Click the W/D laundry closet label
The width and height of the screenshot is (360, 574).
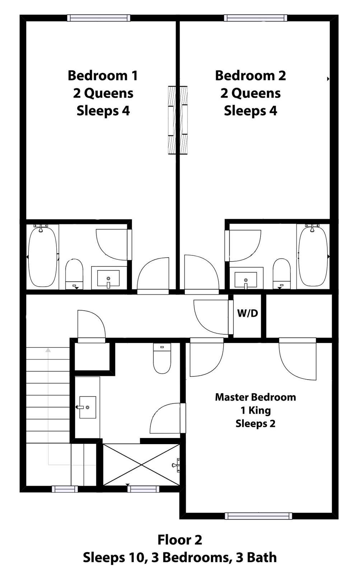[247, 313]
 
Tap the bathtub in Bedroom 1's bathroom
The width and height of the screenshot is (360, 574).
[42, 256]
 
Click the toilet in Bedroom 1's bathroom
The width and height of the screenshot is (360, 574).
[74, 274]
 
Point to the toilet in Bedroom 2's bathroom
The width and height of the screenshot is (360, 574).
[281, 273]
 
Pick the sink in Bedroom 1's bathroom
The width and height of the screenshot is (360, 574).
[108, 278]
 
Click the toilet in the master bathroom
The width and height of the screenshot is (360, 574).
[162, 358]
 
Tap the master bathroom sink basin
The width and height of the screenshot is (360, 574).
[88, 408]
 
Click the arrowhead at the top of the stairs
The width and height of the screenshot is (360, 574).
[48, 350]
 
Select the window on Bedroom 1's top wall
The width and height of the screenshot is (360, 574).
[99, 18]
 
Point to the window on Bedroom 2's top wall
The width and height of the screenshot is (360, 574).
[256, 18]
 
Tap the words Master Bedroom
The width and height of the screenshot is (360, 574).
[256, 397]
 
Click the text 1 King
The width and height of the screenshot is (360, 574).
[256, 410]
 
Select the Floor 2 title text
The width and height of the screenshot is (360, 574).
[180, 540]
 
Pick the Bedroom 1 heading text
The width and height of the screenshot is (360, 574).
[103, 76]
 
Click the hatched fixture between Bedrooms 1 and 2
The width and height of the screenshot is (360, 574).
[178, 120]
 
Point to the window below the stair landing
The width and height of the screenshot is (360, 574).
[65, 489]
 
